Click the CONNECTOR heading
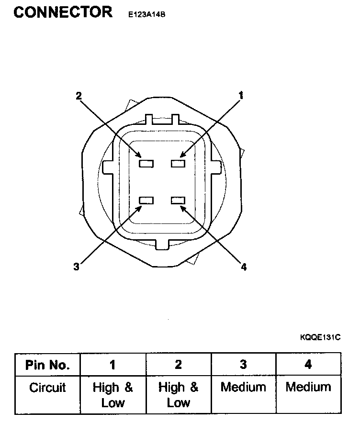click(63, 12)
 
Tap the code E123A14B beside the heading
click(146, 14)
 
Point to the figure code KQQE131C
click(320, 337)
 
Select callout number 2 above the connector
click(79, 95)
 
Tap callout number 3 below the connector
click(76, 267)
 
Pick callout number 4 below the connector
click(243, 267)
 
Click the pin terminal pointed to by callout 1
click(178, 164)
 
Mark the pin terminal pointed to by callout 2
click(146, 164)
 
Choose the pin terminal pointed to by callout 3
click(146, 200)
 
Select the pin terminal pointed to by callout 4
click(178, 200)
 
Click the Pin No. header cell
click(47, 365)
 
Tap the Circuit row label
click(47, 387)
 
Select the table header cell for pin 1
click(112, 365)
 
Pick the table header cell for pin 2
click(178, 365)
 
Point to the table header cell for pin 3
click(243, 365)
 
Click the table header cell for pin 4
click(308, 365)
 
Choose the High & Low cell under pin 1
click(112, 394)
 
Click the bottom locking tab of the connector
click(163, 244)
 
